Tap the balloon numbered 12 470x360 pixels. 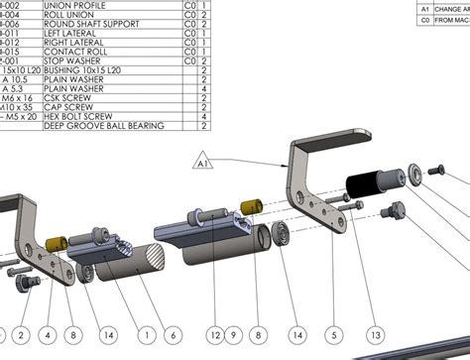216,334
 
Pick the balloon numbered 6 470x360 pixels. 173,334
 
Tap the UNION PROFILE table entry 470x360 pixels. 77,5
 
